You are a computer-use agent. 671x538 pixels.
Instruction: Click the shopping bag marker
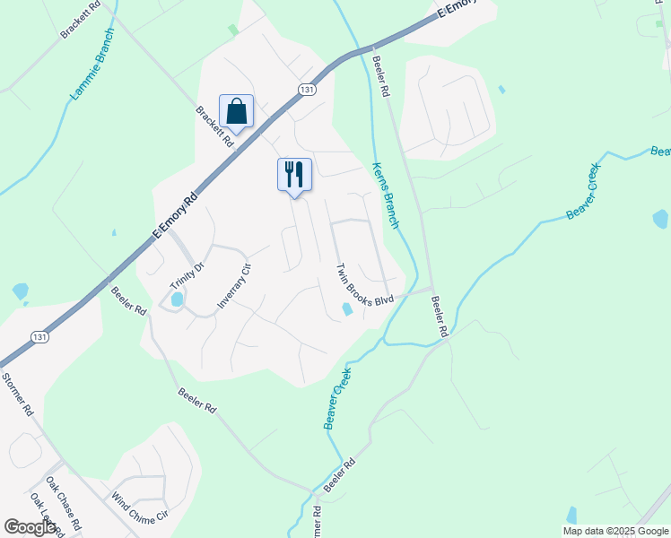click(236, 112)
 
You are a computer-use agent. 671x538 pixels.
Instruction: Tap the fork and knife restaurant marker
click(293, 174)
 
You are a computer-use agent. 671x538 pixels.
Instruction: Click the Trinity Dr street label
click(187, 272)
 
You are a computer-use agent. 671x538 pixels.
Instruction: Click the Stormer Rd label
click(17, 395)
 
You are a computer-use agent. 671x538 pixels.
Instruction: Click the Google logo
click(30, 527)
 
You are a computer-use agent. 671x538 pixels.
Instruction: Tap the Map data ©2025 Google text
click(615, 531)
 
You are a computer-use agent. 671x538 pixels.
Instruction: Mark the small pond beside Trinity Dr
click(177, 299)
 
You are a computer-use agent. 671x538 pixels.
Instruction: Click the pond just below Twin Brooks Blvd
click(346, 309)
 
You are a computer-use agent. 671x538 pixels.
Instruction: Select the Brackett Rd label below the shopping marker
click(215, 126)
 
